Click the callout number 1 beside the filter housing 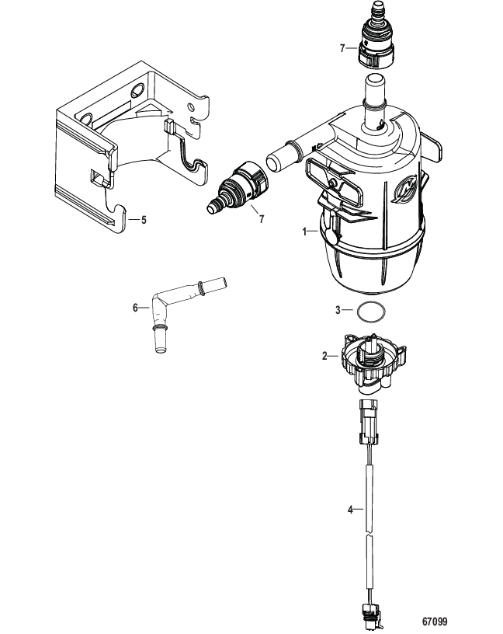point(305,232)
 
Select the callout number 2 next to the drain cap point(324,356)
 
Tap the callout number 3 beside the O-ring point(338,310)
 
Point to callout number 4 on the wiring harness point(350,510)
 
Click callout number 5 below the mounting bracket point(144,220)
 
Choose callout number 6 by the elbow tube point(135,308)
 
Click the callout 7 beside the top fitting point(342,48)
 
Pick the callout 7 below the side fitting point(262,219)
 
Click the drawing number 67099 point(435,621)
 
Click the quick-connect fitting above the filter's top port point(376,34)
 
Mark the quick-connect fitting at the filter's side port point(238,187)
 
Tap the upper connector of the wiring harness point(368,421)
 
